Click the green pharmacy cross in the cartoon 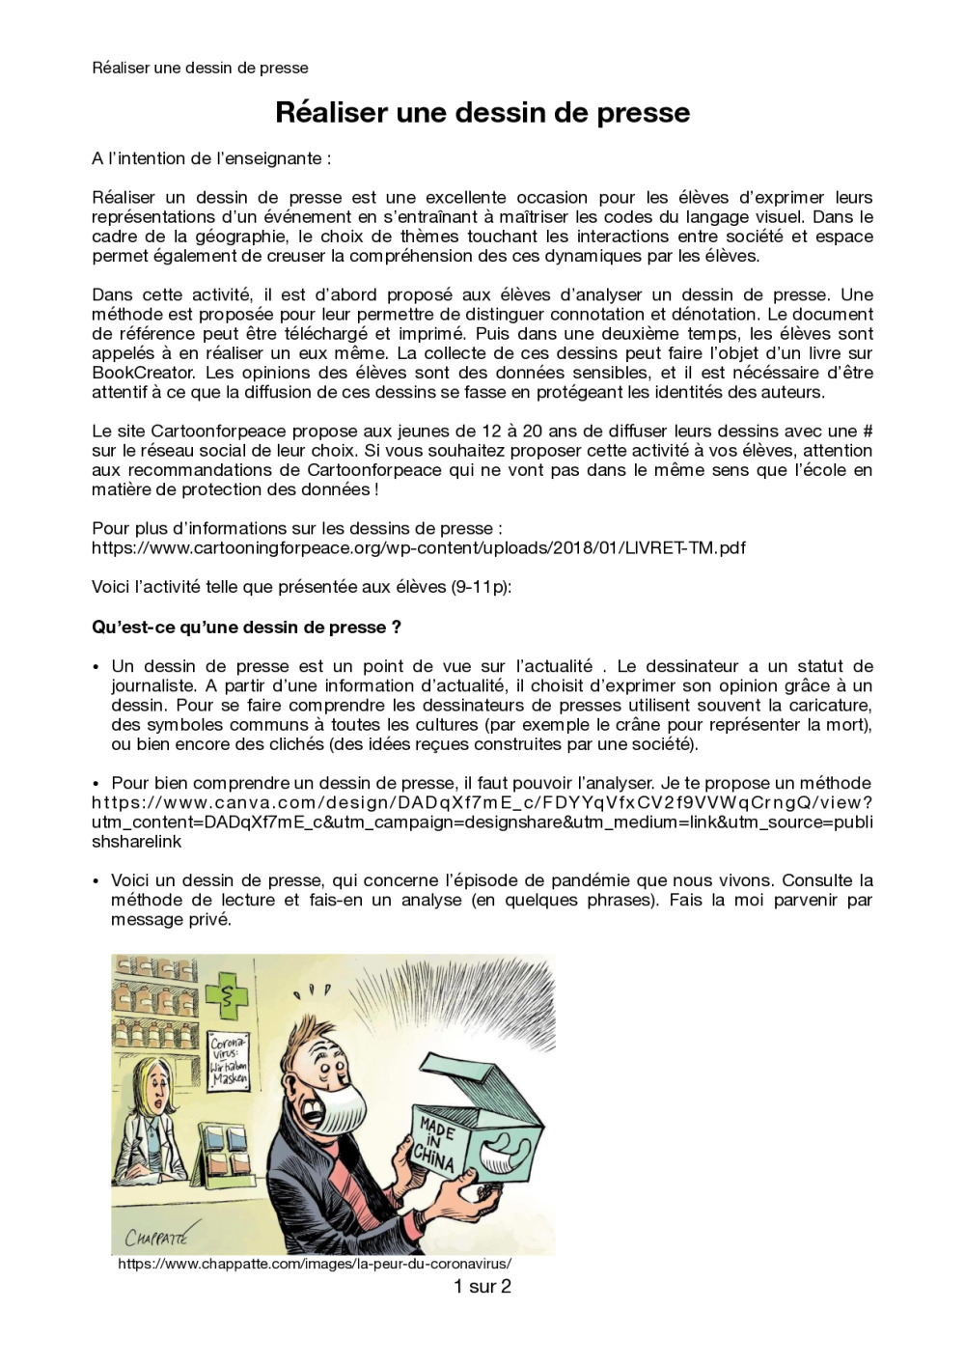[229, 996]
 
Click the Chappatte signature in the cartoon [155, 1236]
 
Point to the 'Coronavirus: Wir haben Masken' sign [230, 1060]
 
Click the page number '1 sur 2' [482, 1286]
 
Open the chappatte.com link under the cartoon [315, 1264]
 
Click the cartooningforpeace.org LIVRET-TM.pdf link [418, 548]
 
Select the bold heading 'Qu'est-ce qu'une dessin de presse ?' [246, 627]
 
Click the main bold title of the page [482, 113]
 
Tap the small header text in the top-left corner [200, 68]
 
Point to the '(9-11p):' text [481, 587]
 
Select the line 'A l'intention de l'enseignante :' [211, 158]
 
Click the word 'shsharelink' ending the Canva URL [136, 842]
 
